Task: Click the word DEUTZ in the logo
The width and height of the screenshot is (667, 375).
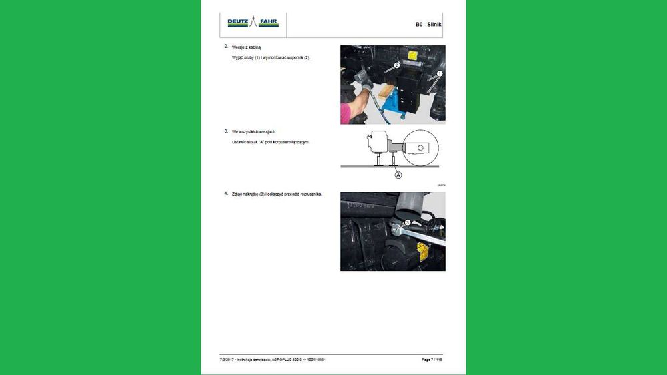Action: click(x=237, y=22)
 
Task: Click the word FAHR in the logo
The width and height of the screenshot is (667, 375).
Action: click(x=269, y=22)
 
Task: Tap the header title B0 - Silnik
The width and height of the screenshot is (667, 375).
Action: click(x=428, y=25)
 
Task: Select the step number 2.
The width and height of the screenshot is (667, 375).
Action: click(x=227, y=47)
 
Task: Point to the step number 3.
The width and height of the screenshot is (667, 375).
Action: click(x=227, y=131)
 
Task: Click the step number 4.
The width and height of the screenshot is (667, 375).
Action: click(x=227, y=193)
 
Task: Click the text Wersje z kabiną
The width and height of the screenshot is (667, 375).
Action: click(x=246, y=48)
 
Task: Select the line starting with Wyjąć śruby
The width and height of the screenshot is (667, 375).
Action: click(x=271, y=58)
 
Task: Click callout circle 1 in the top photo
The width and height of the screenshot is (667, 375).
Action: click(x=440, y=73)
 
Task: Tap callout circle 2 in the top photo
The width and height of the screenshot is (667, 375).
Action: click(x=396, y=65)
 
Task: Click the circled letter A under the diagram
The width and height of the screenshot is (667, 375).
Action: click(x=398, y=175)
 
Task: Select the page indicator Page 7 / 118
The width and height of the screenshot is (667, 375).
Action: click(x=432, y=360)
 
